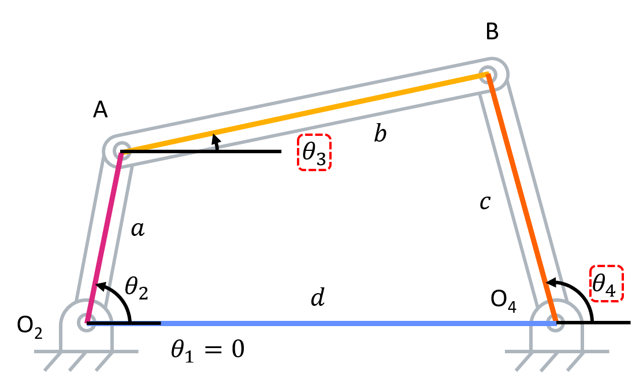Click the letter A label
click(x=101, y=110)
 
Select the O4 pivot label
click(x=504, y=301)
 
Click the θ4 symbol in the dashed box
click(x=607, y=283)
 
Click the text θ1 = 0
click(x=207, y=350)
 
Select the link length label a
click(x=137, y=230)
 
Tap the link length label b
click(x=380, y=134)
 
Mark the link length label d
click(x=318, y=298)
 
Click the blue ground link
click(x=347, y=323)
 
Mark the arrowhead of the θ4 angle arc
click(x=550, y=282)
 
